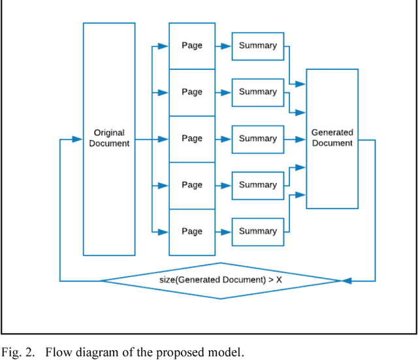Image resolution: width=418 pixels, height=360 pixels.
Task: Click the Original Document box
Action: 109,139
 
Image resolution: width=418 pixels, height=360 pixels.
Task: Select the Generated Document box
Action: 332,138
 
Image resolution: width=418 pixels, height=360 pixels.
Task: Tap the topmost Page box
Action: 192,46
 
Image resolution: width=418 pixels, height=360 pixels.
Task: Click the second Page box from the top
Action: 192,92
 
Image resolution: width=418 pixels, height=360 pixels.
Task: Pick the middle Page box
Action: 192,139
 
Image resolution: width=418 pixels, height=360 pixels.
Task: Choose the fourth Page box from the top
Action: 192,185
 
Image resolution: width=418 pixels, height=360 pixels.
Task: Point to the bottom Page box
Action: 192,231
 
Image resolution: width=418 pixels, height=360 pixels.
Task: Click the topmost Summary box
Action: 258,46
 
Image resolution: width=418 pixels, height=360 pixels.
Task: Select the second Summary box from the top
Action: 258,92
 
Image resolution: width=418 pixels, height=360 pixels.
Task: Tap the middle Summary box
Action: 258,139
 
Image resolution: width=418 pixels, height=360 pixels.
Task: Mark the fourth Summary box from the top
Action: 258,185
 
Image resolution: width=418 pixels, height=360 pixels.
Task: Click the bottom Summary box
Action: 258,231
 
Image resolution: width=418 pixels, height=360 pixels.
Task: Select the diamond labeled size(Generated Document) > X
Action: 221,281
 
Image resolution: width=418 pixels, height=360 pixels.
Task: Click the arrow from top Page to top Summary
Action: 223,46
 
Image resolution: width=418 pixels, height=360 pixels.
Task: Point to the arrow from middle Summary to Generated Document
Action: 295,139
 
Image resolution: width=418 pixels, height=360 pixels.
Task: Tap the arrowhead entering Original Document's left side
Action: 78,139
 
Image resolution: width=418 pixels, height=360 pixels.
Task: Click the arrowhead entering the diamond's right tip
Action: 347,281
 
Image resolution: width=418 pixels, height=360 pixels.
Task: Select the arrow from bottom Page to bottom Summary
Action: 223,231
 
